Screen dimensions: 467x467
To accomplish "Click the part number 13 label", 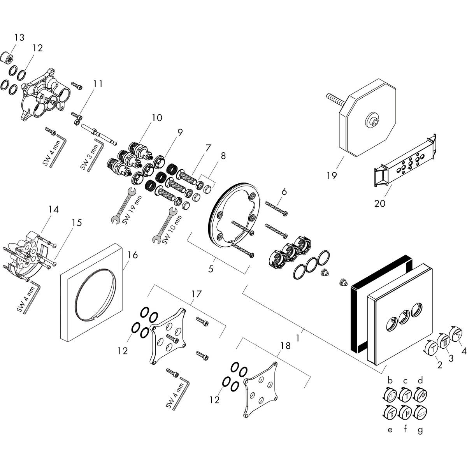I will click(x=19, y=37).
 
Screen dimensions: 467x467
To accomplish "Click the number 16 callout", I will click(x=133, y=255).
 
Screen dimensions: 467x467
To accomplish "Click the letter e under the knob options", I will click(x=390, y=430).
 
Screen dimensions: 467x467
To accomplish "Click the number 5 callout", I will click(x=211, y=269).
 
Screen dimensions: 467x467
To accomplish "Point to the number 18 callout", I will click(x=285, y=346).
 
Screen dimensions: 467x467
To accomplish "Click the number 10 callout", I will click(x=157, y=118).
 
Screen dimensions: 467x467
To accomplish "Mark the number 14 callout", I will click(x=53, y=210).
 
